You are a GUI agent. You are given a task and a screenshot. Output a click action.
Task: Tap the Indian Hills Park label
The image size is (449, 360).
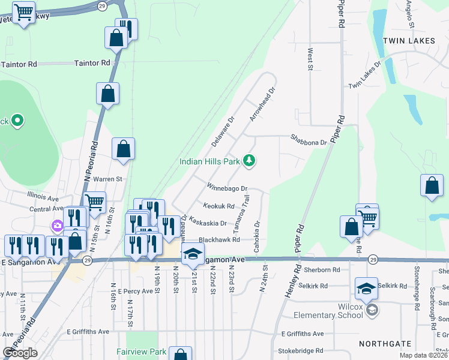(x=209, y=161)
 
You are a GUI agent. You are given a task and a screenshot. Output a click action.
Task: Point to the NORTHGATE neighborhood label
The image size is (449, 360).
(x=385, y=344)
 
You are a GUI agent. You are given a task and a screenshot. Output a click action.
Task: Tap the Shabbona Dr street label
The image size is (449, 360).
(x=309, y=143)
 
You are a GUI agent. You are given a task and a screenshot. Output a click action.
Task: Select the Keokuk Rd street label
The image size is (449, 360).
(x=218, y=206)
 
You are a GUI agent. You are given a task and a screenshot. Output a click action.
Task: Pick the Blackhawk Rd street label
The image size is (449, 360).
(x=219, y=239)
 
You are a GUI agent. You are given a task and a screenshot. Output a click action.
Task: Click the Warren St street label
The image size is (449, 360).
(x=107, y=179)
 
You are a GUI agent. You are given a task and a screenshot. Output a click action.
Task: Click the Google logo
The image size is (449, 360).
(x=20, y=353)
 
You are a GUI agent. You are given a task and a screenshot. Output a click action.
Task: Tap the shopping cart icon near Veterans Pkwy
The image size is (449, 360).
(x=23, y=12)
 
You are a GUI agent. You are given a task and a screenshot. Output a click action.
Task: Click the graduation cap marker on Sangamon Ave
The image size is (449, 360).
(x=193, y=254)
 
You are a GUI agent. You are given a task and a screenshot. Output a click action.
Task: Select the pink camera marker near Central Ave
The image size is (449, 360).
(x=58, y=226)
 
